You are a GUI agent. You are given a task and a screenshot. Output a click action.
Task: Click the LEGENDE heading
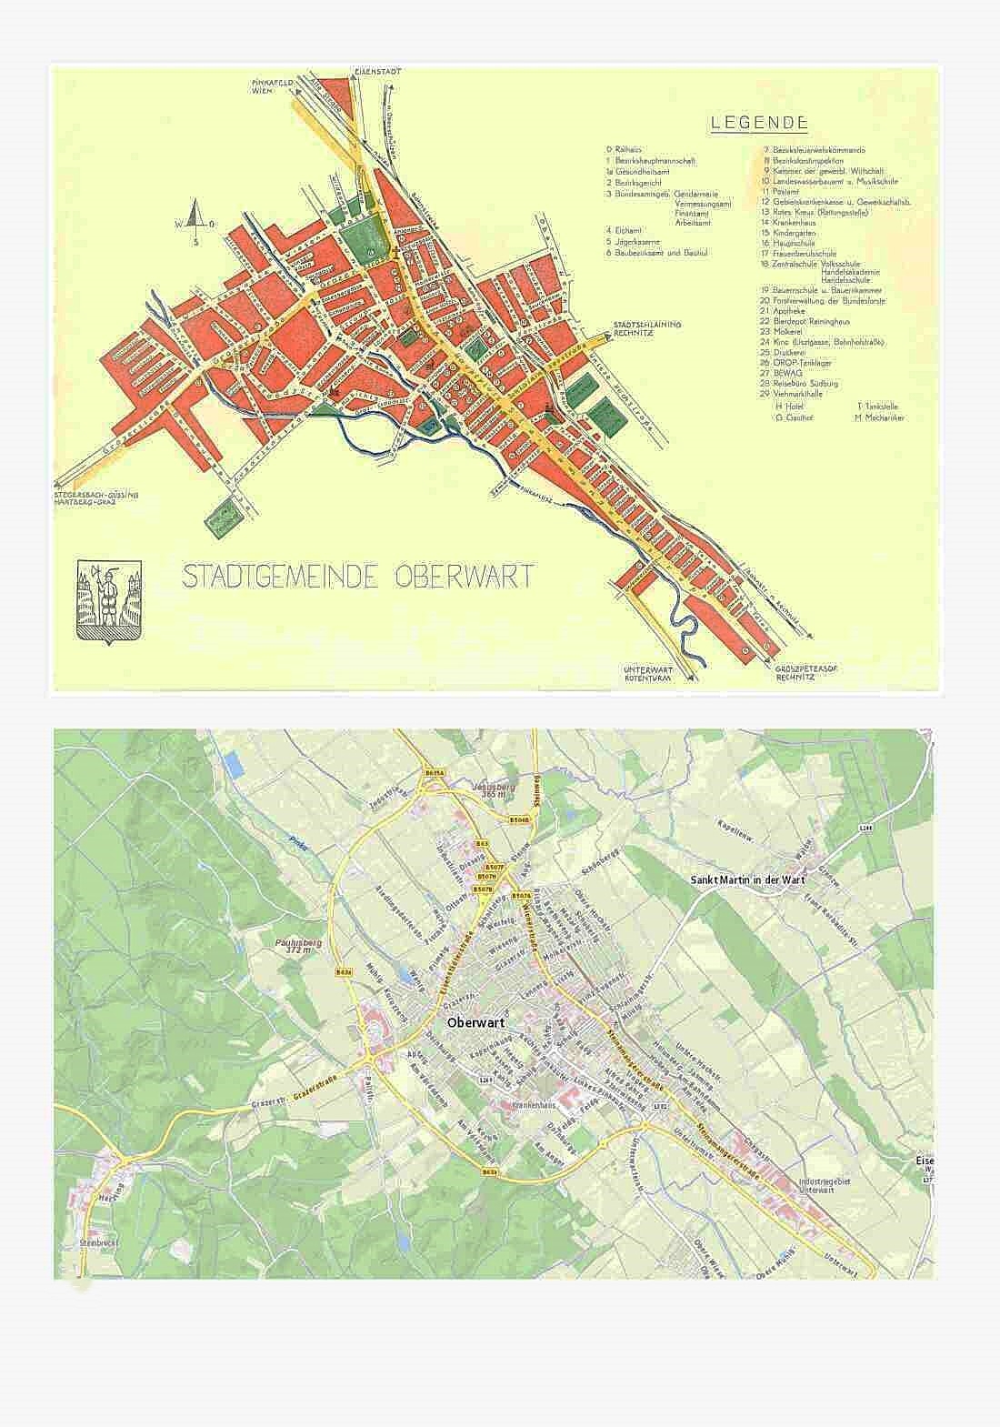[759, 123]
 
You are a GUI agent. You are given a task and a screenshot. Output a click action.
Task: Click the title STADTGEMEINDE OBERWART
[358, 577]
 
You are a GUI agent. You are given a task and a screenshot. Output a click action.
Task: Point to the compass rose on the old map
[193, 221]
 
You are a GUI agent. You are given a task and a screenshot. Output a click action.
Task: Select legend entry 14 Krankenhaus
[790, 222]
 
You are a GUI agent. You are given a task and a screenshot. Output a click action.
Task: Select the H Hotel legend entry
[787, 407]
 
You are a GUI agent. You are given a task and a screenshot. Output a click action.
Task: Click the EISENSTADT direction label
[374, 71]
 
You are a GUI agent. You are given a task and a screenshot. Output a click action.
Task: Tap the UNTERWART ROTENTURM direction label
[646, 674]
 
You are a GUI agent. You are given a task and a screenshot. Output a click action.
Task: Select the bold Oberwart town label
[476, 1020]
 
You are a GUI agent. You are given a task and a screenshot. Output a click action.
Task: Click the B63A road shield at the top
[435, 773]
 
